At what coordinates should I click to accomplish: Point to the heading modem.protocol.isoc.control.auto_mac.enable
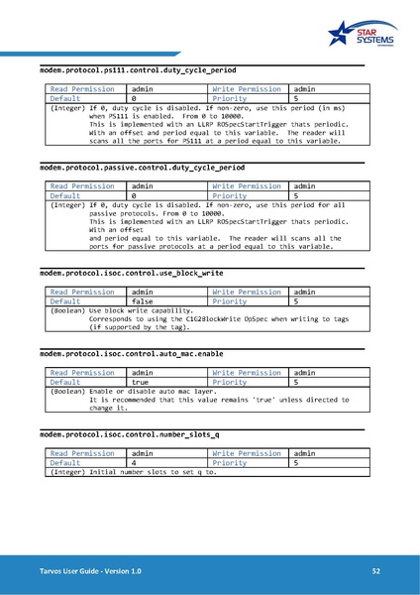coord(132,352)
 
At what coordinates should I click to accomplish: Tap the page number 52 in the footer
coord(376,572)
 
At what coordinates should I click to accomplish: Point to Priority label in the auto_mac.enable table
coord(230,381)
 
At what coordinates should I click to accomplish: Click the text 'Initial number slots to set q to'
coord(153,472)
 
